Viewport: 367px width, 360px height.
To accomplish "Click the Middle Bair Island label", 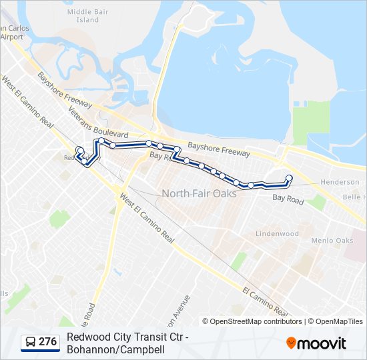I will pos(83,16).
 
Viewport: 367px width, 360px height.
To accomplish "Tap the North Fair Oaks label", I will pos(199,194).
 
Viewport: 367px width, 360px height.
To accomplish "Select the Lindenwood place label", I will pos(278,234).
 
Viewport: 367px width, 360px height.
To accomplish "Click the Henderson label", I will pos(340,182).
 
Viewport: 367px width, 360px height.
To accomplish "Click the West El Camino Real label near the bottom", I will pos(146,217).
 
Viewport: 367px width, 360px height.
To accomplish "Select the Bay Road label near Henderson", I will pos(288,199).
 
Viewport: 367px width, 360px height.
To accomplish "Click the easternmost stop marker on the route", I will pos(289,177).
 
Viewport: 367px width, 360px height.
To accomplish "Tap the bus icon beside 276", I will pos(31,342).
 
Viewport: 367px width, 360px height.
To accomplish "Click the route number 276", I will pos(47,342).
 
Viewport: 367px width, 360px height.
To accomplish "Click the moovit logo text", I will pos(322,344).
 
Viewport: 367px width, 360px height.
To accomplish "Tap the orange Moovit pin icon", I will pos(291,343).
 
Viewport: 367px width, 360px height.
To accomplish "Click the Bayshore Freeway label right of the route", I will pos(219,149).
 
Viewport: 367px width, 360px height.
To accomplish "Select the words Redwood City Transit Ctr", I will pos(123,337).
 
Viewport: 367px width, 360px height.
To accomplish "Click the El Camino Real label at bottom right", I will pos(266,301).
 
